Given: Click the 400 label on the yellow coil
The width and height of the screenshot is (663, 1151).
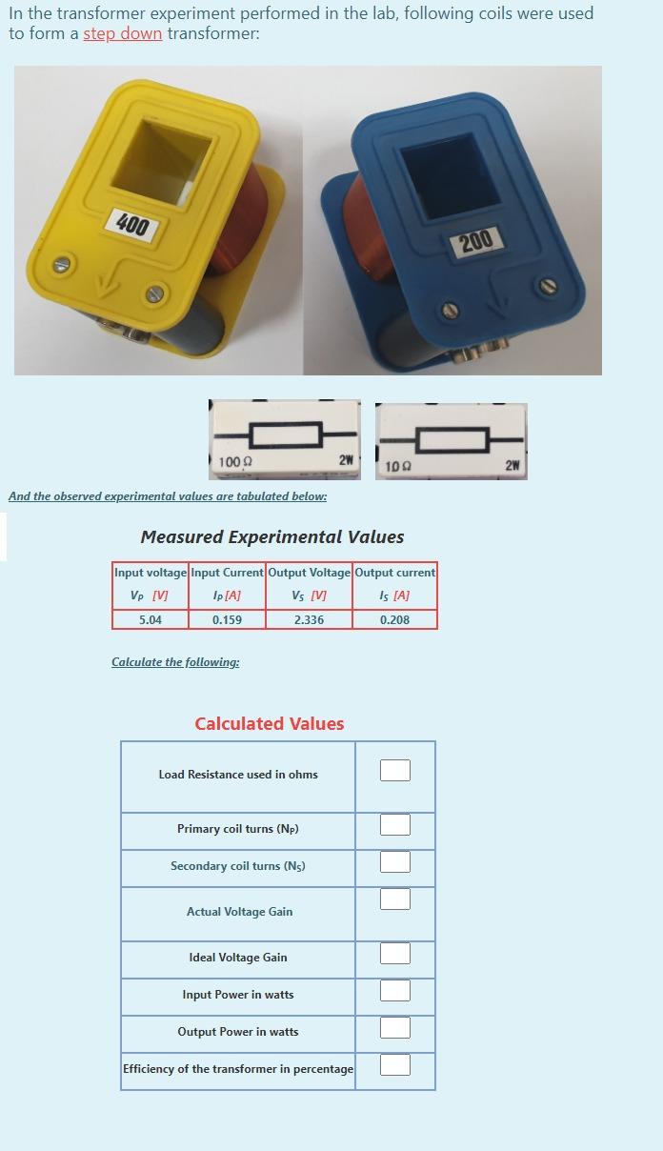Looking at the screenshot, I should coord(132,226).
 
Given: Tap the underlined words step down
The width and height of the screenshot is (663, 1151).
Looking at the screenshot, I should coord(122,33).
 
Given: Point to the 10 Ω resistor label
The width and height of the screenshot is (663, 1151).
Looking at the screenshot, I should coord(398,466).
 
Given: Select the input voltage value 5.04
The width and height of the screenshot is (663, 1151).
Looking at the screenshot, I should coord(151,619).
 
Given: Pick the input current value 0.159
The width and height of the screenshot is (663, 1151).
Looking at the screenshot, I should coord(227,619).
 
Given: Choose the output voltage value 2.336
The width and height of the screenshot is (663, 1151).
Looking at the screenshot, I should coord(309,619).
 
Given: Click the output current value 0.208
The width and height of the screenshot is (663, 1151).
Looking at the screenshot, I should coord(394,619).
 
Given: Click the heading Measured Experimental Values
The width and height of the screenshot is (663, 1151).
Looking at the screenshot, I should coord(271,537).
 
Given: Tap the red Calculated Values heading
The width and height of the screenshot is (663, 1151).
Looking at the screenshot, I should coord(270,724).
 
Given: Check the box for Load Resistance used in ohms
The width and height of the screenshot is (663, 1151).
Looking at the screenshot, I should coord(395,770).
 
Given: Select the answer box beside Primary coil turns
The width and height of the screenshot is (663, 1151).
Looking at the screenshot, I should coord(395,824).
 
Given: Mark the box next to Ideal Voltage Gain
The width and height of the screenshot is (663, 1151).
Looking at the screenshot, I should coord(395,953).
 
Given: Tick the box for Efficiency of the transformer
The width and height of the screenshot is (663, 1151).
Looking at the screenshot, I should coord(395,1064).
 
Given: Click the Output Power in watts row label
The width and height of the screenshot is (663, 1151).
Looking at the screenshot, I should coord(238,1032).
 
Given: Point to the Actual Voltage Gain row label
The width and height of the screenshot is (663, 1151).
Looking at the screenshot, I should coord(239,912).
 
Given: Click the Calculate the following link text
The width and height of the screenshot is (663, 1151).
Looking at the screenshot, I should coord(175,662).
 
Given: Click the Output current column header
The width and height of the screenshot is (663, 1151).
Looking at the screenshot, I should coord(394,573).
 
